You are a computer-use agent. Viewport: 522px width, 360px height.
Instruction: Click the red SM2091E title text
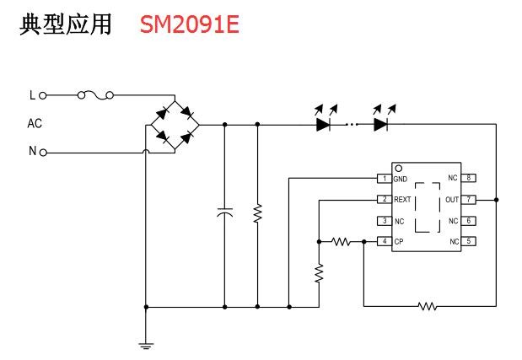190,25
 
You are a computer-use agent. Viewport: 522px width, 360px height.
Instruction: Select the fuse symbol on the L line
95,95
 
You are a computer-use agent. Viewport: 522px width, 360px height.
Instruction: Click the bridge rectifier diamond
175,124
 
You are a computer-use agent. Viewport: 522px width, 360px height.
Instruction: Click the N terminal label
33,152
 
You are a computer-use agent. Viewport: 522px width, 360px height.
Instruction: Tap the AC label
35,123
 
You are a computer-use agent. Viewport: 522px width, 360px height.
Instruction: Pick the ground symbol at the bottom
146,343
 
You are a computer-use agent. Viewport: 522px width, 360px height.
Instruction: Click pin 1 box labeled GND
385,179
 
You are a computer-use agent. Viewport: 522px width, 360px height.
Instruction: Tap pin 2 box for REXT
385,200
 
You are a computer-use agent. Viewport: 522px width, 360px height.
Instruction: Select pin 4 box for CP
385,242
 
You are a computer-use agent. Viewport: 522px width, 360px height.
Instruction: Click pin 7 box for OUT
469,200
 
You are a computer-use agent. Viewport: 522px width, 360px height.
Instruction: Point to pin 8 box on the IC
469,178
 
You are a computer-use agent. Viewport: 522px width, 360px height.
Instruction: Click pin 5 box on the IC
469,242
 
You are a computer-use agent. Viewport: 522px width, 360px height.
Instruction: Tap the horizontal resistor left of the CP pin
341,242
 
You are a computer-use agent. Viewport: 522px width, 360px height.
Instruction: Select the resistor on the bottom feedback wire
428,306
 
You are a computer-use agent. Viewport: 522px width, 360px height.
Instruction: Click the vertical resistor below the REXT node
320,272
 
